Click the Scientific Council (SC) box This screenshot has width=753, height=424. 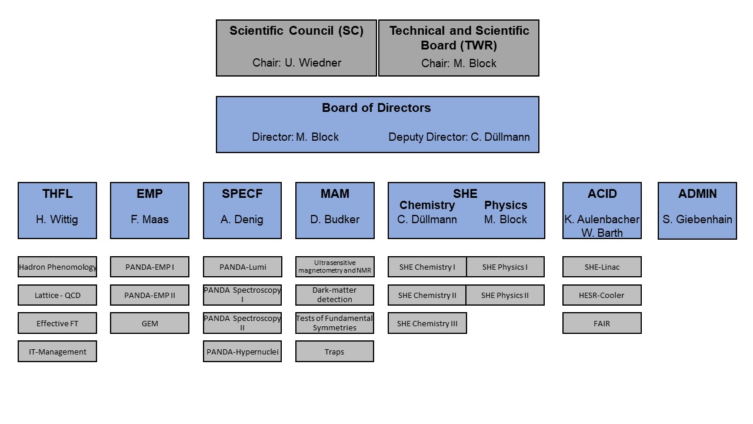point(296,48)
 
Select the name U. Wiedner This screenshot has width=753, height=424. point(313,63)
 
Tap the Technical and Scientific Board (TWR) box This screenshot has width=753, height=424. point(459,48)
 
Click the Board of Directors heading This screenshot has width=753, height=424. point(376,108)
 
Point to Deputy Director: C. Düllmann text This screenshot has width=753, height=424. point(459,137)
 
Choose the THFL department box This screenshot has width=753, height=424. point(58,211)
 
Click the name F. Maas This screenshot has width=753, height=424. point(149,220)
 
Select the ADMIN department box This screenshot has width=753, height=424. point(697,211)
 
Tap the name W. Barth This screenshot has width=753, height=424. point(602,233)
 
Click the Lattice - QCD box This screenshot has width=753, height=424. point(58,295)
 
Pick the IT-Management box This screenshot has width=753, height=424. point(58,352)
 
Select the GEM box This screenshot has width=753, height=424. point(149,323)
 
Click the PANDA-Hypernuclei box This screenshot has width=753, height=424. point(242,352)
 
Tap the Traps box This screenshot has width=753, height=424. point(335,352)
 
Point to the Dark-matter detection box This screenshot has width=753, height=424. point(335,295)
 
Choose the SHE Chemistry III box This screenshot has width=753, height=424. point(427,323)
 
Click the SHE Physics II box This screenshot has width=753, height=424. point(505,295)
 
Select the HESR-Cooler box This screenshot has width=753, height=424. point(602,295)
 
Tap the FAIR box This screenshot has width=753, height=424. point(602,323)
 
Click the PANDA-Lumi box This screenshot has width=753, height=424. point(242,267)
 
